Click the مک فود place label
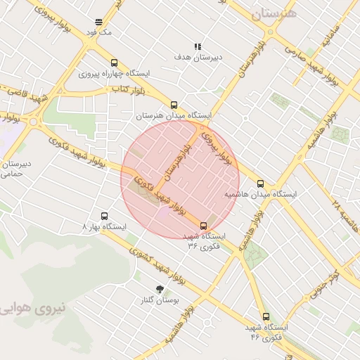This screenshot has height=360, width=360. (97, 32)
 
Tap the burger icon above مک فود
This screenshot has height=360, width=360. (98, 21)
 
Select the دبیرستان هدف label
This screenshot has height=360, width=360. (198, 57)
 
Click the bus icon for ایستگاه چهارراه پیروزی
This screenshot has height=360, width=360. (114, 63)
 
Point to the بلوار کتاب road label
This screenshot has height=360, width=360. (129, 90)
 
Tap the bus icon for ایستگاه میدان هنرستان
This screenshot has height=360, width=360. (174, 105)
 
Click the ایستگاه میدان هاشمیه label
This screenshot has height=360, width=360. (260, 193)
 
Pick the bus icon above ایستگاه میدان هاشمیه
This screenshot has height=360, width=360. (261, 183)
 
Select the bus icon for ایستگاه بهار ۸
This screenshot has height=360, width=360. (105, 217)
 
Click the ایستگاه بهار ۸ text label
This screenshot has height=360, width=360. (104, 228)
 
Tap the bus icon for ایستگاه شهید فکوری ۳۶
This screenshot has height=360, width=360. (204, 226)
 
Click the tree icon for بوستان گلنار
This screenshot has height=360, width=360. (160, 288)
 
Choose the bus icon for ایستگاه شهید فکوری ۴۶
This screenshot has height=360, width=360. (266, 317)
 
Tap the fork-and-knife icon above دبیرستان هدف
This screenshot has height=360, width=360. (198, 46)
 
